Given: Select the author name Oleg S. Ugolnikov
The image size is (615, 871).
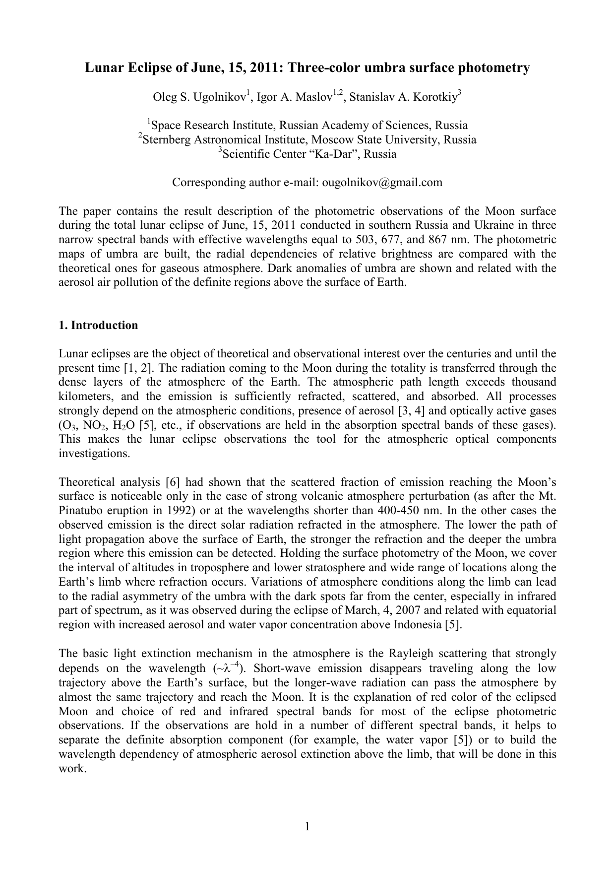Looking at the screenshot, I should click(199, 97).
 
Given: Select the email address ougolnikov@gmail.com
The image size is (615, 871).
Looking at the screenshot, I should click(382, 183).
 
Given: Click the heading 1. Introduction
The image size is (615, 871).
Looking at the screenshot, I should click(98, 326).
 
